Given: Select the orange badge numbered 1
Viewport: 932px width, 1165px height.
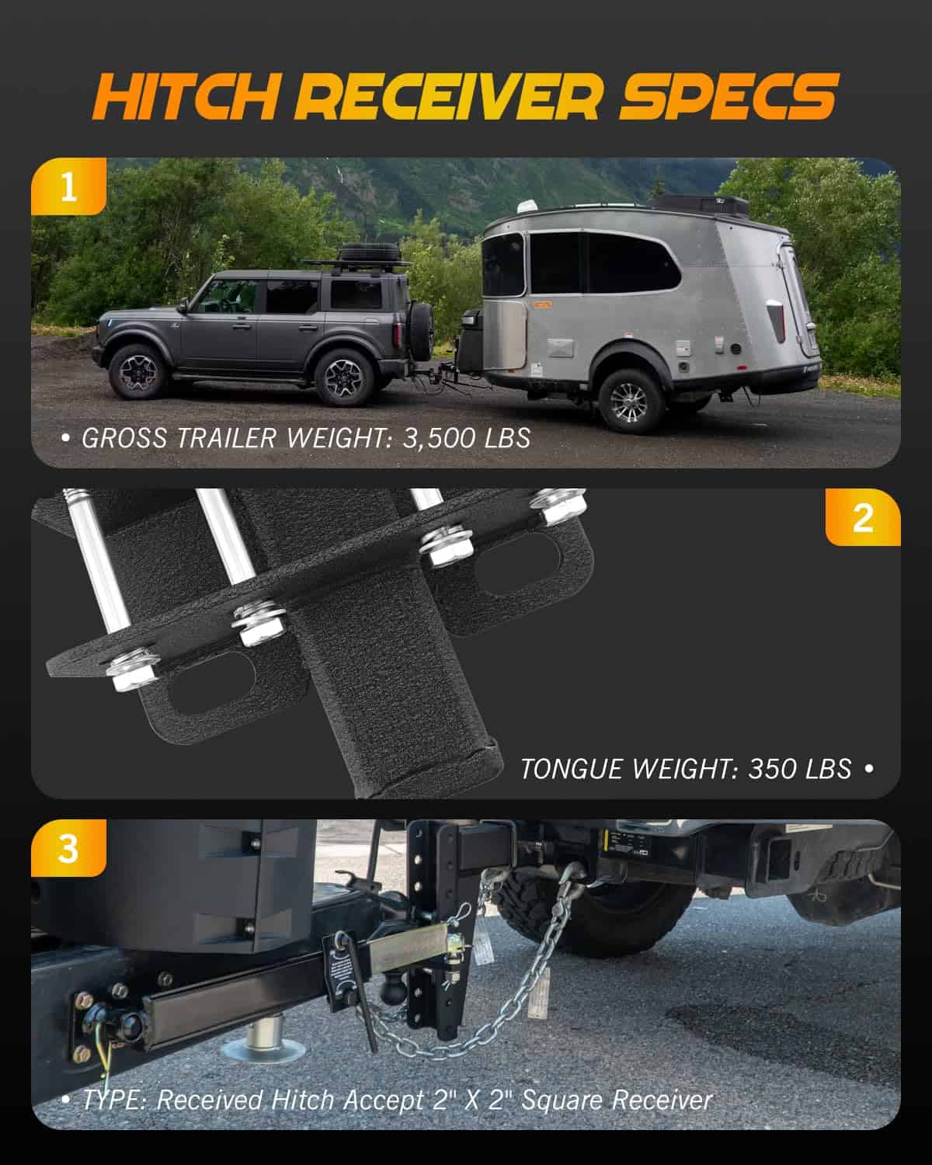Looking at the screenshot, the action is [68, 186].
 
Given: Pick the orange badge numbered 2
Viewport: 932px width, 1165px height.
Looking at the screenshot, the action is [863, 517].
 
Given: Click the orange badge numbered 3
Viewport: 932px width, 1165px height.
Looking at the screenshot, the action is [68, 848].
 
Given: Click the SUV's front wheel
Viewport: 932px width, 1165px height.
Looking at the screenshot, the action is [138, 372].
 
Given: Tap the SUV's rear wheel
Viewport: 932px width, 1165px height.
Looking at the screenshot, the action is [344, 377].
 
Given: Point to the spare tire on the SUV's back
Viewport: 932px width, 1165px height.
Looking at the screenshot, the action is [421, 327].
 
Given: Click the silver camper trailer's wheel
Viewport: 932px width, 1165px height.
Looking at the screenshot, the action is [631, 401].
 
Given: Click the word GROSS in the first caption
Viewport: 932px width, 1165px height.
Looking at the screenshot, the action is [124, 438].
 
